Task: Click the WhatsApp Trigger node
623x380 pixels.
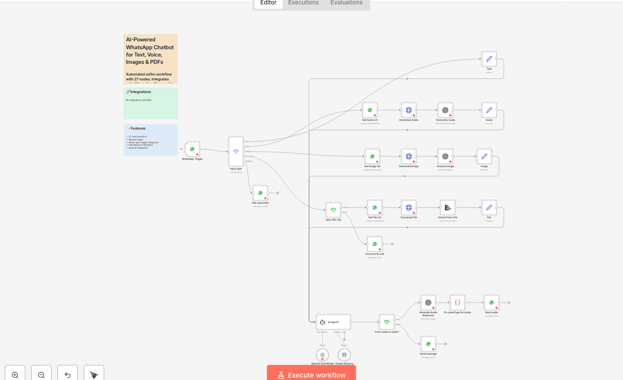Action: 192,149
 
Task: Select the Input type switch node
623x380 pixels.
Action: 236,152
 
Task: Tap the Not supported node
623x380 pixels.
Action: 260,193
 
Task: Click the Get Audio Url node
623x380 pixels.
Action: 370,110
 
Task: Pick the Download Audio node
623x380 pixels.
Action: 409,110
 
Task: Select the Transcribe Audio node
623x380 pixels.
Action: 445,110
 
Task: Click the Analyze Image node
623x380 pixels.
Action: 445,156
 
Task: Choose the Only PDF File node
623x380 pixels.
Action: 333,210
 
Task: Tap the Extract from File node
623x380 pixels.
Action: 447,208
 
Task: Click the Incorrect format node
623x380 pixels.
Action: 375,244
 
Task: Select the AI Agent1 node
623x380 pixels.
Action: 333,322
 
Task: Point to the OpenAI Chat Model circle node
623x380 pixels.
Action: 322,355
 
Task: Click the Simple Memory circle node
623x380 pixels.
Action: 344,355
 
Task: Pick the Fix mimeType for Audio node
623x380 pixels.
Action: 458,303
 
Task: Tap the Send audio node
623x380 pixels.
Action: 492,303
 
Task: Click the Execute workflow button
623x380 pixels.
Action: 311,375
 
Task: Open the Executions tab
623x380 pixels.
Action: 303,3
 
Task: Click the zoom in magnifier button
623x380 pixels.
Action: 15,375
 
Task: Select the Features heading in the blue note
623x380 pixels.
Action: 138,129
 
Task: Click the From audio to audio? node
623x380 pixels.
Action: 387,322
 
